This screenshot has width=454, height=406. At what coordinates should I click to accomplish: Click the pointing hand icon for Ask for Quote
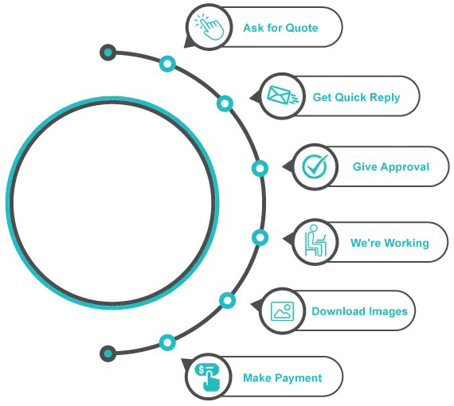coord(209,26)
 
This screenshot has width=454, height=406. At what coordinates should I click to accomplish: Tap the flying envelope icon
coord(282,96)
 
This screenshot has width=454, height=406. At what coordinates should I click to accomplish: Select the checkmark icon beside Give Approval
coord(315,166)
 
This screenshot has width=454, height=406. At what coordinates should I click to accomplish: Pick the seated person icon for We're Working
coord(315,240)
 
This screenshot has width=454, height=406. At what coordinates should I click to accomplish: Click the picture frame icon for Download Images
coord(282,311)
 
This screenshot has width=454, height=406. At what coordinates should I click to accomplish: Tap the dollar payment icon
coord(208,377)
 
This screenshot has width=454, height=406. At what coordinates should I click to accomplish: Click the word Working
coord(407,243)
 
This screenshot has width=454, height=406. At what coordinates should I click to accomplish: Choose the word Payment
coord(298,378)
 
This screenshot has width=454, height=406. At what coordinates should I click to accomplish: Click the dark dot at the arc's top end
coord(108,53)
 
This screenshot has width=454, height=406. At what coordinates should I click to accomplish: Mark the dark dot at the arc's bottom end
coord(108,353)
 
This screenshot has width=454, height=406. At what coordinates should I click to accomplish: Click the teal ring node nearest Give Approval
coord(260,169)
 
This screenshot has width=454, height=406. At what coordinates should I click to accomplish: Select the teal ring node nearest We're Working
coord(260,237)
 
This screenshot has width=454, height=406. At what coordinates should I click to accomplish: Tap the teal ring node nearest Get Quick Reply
coord(225,103)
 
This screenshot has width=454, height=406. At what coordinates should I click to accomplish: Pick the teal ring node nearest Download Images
coord(227,300)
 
